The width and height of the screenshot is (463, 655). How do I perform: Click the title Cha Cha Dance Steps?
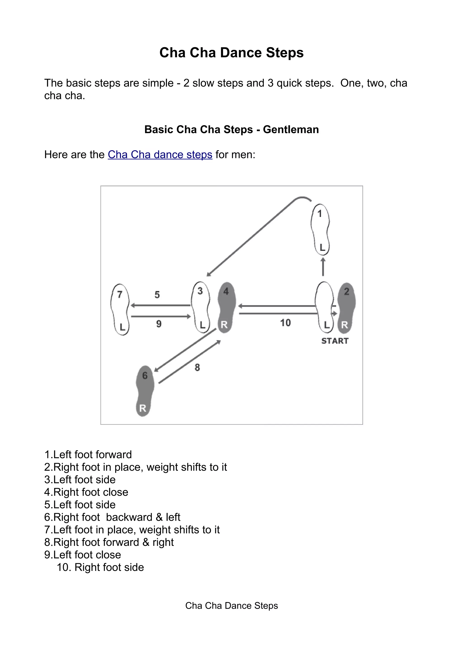pyautogui.click(x=231, y=53)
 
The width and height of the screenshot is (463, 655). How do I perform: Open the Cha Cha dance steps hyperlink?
pyautogui.click(x=160, y=155)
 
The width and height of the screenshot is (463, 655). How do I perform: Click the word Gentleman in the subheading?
pyautogui.click(x=291, y=130)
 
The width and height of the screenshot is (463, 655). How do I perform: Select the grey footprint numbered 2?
pyautogui.click(x=346, y=308)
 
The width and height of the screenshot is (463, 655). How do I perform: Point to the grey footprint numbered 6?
pyautogui.click(x=145, y=391)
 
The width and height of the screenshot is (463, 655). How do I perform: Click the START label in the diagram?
pyautogui.click(x=335, y=341)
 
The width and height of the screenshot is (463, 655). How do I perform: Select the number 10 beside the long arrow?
pyautogui.click(x=285, y=323)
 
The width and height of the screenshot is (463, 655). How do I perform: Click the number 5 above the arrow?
pyautogui.click(x=157, y=295)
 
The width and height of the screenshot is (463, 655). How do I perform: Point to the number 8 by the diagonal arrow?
pyautogui.click(x=197, y=368)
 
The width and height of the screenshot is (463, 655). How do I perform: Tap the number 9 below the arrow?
pyautogui.click(x=159, y=324)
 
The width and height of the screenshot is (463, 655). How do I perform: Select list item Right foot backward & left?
pyautogui.click(x=112, y=517)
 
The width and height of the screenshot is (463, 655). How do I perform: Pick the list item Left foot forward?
pyautogui.click(x=88, y=455)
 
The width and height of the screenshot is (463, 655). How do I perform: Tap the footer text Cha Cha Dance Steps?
pyautogui.click(x=231, y=606)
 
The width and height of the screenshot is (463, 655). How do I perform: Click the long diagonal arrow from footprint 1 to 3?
pyautogui.click(x=251, y=237)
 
